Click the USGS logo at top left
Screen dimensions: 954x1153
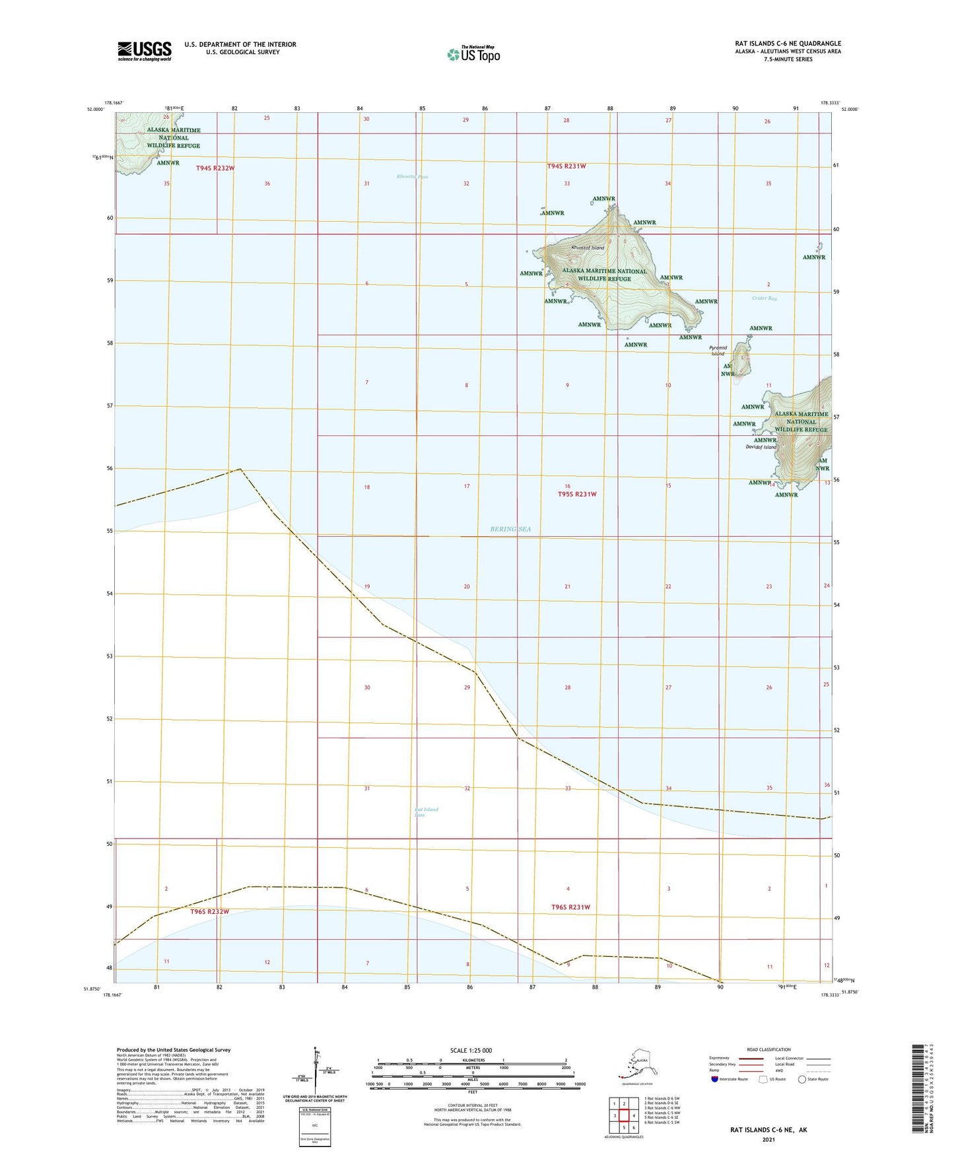pos(144,51)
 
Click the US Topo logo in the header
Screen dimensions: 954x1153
pos(473,53)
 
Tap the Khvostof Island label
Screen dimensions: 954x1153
pos(588,248)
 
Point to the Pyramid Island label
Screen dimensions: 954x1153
pos(718,351)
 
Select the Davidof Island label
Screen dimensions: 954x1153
pos(761,447)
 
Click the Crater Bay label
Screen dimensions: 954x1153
pos(765,298)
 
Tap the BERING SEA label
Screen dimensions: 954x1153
pos(510,529)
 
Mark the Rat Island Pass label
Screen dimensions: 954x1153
pos(426,812)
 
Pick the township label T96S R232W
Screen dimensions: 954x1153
pos(209,912)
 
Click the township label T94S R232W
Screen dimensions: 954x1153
pos(215,168)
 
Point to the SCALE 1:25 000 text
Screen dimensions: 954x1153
pos(471,1050)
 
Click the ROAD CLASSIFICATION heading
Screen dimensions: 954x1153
pos(768,1049)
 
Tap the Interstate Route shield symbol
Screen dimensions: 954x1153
pos(715,1079)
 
